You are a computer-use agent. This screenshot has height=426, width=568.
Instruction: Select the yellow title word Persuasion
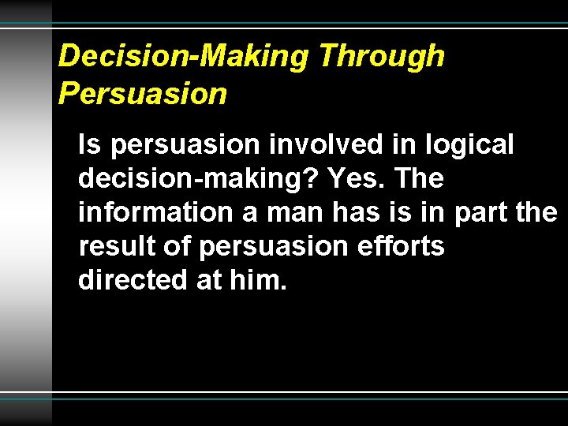click(x=143, y=93)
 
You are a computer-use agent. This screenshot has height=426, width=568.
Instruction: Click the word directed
click(x=131, y=281)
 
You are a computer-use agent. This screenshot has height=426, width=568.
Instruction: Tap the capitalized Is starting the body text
click(x=90, y=144)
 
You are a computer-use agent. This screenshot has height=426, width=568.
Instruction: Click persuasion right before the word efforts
click(x=273, y=248)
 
